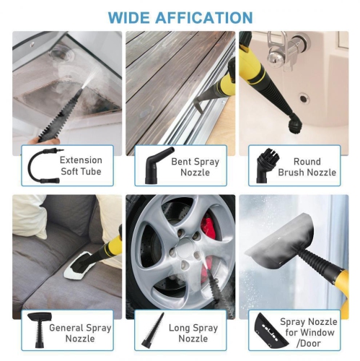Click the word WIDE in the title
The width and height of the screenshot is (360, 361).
click(x=127, y=17)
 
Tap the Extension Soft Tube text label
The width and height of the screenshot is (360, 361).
click(x=81, y=165)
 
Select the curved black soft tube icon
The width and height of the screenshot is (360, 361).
click(x=39, y=165)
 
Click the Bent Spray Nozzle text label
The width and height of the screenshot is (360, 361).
click(x=194, y=165)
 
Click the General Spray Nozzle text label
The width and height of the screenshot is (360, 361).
click(x=80, y=332)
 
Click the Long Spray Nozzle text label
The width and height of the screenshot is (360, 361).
click(x=193, y=332)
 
